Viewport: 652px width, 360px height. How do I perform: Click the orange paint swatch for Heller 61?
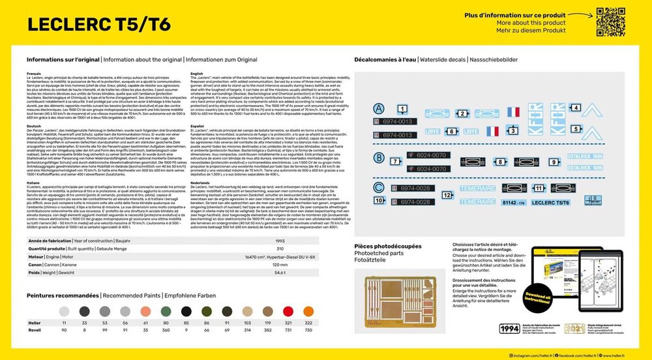pos(146,311)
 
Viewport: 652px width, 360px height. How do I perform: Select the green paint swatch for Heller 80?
pos(166,311)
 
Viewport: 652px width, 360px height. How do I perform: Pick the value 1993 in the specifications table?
pos(279,240)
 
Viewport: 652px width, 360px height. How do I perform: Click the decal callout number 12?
pos(447,194)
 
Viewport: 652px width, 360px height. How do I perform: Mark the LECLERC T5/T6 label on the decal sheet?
pos(546,203)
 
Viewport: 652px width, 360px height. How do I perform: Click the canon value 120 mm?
pos(279,265)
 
